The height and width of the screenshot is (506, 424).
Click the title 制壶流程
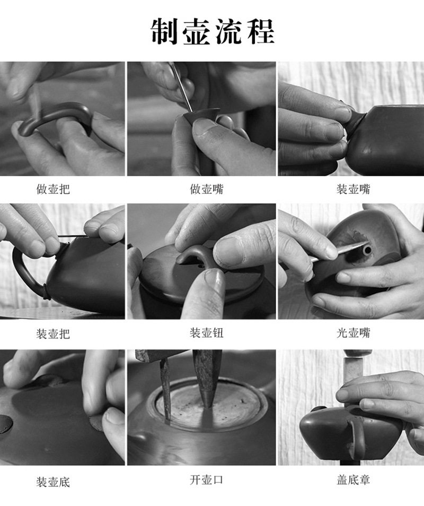[x=213, y=31]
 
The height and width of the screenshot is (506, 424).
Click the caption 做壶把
[x=53, y=189]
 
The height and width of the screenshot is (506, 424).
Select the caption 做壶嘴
[x=206, y=189]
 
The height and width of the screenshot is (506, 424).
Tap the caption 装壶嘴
[x=353, y=189]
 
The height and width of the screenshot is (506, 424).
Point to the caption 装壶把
[x=53, y=333]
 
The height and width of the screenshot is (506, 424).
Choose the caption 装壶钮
[x=206, y=332]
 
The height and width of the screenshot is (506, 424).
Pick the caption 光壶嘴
[x=353, y=332]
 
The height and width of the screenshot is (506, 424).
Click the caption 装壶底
[x=53, y=482]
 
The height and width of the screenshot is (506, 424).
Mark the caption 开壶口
[x=206, y=480]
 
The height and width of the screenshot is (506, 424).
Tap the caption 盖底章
[x=353, y=480]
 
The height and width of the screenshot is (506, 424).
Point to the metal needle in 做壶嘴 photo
[x=182, y=88]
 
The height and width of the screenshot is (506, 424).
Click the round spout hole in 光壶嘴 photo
[x=367, y=251]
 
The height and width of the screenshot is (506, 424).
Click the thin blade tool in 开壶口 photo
[x=165, y=387]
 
